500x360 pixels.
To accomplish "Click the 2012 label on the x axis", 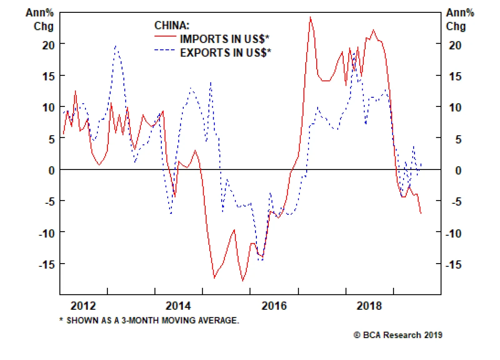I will click(x=83, y=306).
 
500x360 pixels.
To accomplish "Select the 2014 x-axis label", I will click(x=178, y=306).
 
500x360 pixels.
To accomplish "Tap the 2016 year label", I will click(x=274, y=306).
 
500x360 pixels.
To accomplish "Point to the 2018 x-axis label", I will click(x=369, y=306).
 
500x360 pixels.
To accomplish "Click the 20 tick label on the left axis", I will click(x=48, y=45).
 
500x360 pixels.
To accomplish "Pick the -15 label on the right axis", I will click(x=453, y=265).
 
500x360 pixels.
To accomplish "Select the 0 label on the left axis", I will click(x=52, y=171).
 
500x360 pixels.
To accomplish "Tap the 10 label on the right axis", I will click(x=455, y=108).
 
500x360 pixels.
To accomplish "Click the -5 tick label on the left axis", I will click(x=49, y=202).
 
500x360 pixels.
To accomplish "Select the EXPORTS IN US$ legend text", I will click(x=225, y=52).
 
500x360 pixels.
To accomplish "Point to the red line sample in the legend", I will click(x=165, y=37).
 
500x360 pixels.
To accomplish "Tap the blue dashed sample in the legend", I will click(x=165, y=50).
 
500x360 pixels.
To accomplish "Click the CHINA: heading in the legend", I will click(x=172, y=25).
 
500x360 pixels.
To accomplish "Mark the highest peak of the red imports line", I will click(x=310, y=17).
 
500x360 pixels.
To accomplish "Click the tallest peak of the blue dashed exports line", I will click(x=116, y=46).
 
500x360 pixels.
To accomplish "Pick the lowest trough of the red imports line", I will click(x=243, y=281).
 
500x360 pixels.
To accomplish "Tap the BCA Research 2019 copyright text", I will click(x=398, y=335).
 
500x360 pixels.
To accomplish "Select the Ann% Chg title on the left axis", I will click(x=40, y=19).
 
